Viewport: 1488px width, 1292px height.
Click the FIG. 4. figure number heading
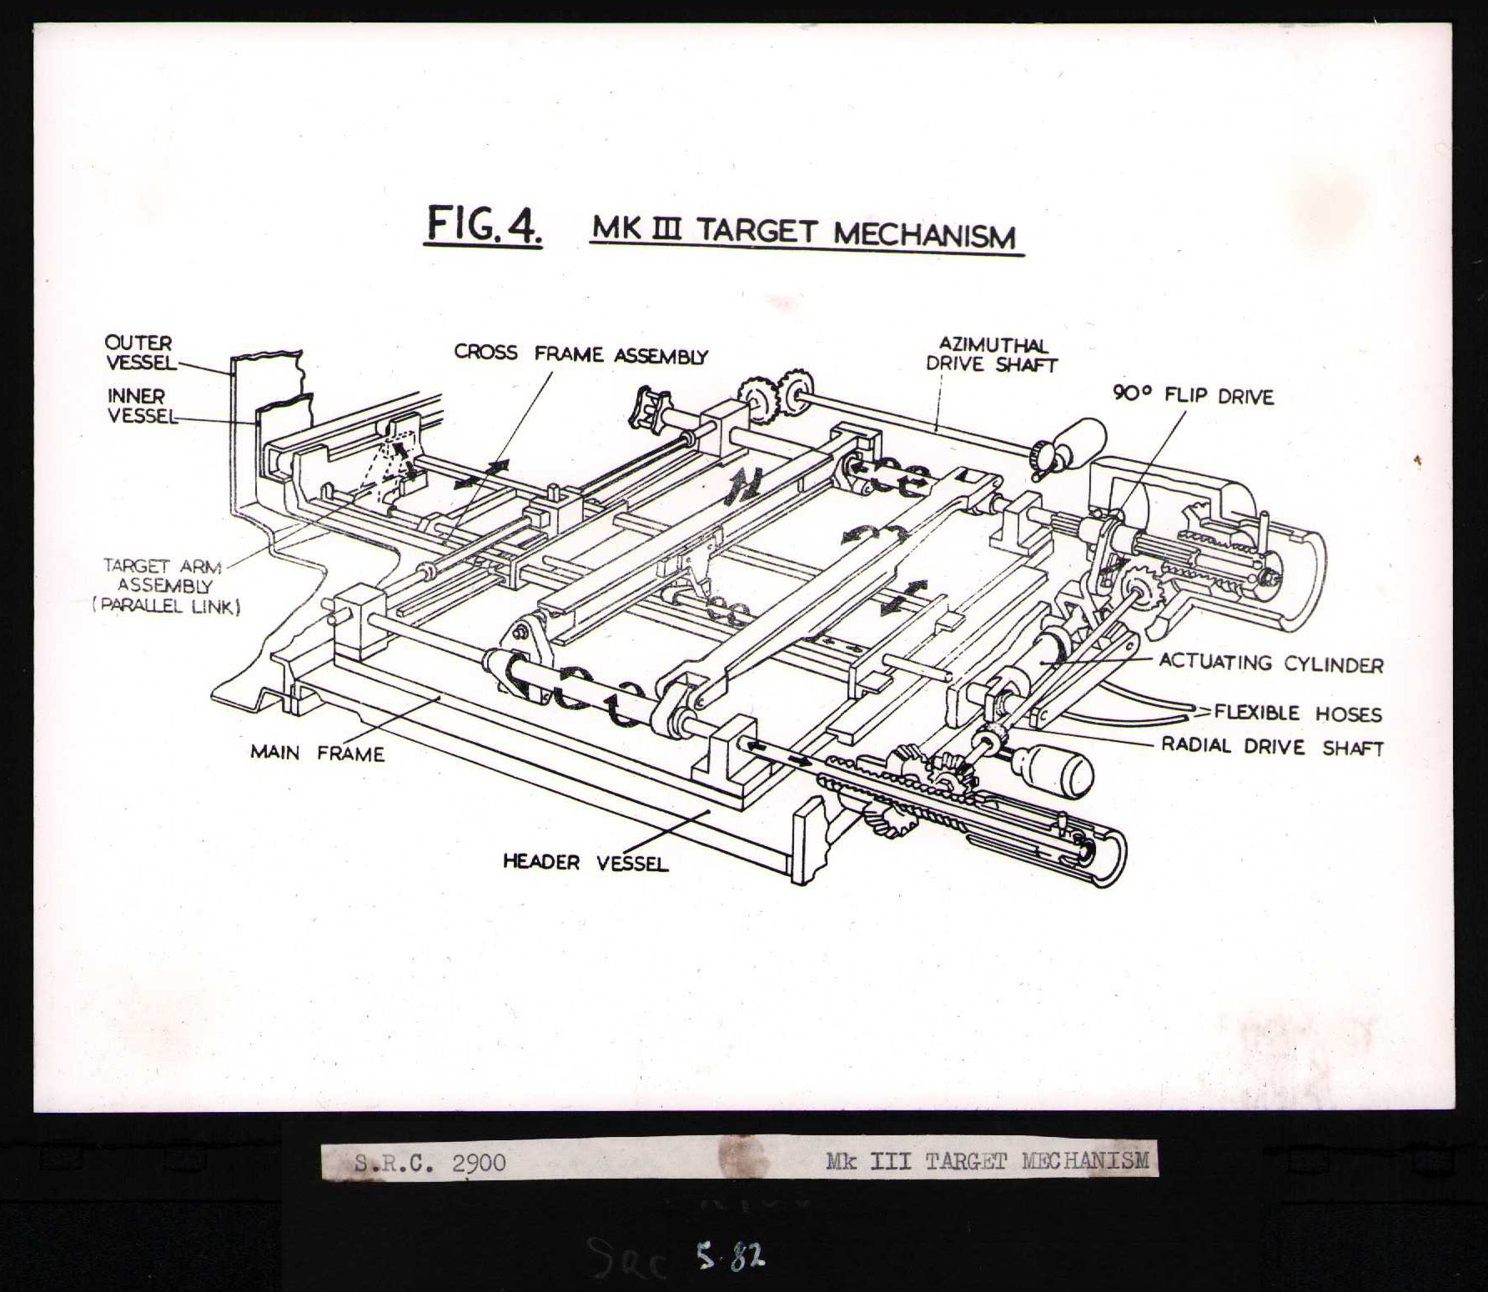tap(484, 225)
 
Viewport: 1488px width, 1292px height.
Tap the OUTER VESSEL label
tap(139, 353)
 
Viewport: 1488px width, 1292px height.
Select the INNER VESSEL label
tap(141, 405)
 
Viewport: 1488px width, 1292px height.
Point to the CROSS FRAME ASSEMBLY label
tap(581, 354)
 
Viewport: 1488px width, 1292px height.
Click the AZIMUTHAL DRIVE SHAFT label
tap(991, 354)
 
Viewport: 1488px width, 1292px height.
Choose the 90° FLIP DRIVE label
tap(1193, 396)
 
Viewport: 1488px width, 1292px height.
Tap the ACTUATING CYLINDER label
tap(1270, 664)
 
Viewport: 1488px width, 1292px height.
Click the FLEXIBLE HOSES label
tap(1297, 714)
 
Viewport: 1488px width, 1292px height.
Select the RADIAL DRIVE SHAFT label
tap(1272, 747)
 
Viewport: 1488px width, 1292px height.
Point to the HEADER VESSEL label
tap(586, 863)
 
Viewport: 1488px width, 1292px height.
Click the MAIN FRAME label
tap(317, 753)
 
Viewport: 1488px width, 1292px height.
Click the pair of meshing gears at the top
tap(776, 392)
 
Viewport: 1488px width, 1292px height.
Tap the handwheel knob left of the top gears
tap(651, 408)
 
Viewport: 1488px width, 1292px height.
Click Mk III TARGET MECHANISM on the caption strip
tap(987, 1160)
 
